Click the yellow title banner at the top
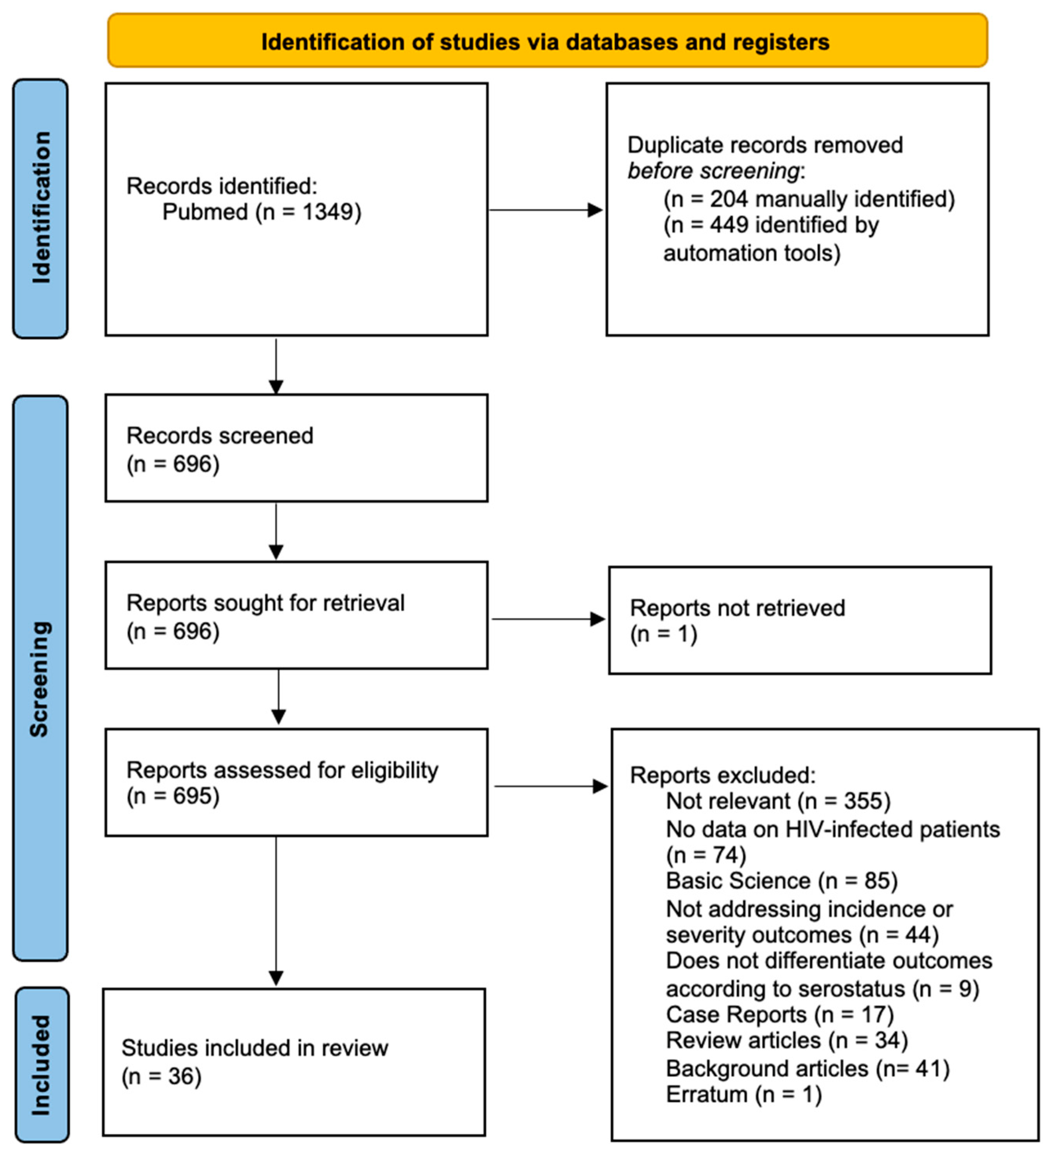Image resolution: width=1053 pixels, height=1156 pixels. [547, 41]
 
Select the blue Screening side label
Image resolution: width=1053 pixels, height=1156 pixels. [40, 678]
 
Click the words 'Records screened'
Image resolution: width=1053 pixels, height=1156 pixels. [219, 436]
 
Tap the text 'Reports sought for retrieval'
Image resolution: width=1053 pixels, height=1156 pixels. [265, 603]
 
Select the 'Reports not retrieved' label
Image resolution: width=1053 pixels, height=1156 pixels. [737, 608]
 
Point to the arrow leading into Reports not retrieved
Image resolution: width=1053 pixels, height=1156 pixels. [547, 619]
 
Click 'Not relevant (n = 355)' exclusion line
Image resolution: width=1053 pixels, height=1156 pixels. [778, 801]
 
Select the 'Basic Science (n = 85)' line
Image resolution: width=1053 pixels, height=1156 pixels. [781, 881]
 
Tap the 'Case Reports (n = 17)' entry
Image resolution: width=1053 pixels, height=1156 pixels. [780, 1014]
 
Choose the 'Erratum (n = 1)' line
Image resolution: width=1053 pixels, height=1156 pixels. [743, 1095]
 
